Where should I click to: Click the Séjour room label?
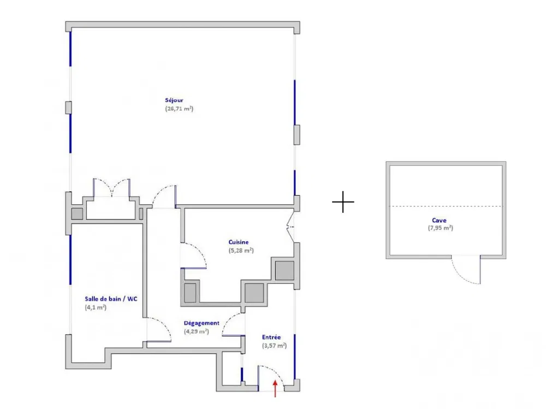(x=174, y=100)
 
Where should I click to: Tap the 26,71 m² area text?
(x=179, y=109)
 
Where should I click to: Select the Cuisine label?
(x=239, y=242)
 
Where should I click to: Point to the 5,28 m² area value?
(x=241, y=251)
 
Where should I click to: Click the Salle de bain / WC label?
(x=111, y=299)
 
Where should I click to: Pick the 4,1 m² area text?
(x=96, y=307)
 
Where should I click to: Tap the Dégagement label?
(x=201, y=323)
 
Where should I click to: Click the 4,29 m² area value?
(x=197, y=331)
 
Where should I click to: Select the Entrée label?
(x=271, y=337)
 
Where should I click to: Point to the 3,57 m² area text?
(x=275, y=346)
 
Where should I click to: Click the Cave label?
(x=439, y=220)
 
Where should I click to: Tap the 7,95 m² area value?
(x=441, y=228)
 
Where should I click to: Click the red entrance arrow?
(x=275, y=388)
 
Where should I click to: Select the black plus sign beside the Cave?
(x=343, y=201)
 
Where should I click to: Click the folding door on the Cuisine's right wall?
(x=290, y=227)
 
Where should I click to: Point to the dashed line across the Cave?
(x=446, y=206)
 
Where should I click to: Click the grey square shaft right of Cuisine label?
(x=284, y=270)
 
